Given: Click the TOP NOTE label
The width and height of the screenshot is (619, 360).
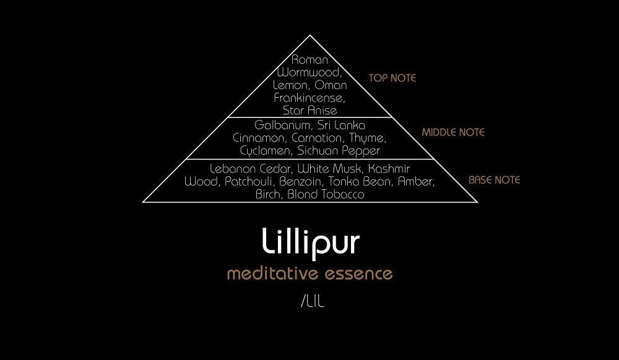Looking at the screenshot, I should [392, 79].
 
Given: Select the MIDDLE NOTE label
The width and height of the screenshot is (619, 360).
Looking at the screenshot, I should [453, 132].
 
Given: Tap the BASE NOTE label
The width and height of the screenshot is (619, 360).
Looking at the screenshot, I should [494, 180].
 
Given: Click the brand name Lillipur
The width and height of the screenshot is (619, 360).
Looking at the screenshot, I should [310, 242].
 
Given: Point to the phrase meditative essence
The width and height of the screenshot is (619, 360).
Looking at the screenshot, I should [309, 273].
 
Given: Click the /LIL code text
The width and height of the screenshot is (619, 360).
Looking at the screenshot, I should [312, 302].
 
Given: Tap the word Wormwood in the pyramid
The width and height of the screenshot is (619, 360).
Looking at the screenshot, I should [309, 72].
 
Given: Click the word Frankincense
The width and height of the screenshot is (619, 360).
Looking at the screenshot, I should [309, 98].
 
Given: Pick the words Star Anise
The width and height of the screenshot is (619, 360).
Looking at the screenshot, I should [309, 111].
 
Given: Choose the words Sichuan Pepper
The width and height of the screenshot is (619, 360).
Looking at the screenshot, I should [339, 151].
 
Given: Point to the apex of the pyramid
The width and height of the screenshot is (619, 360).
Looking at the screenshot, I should [310, 35].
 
